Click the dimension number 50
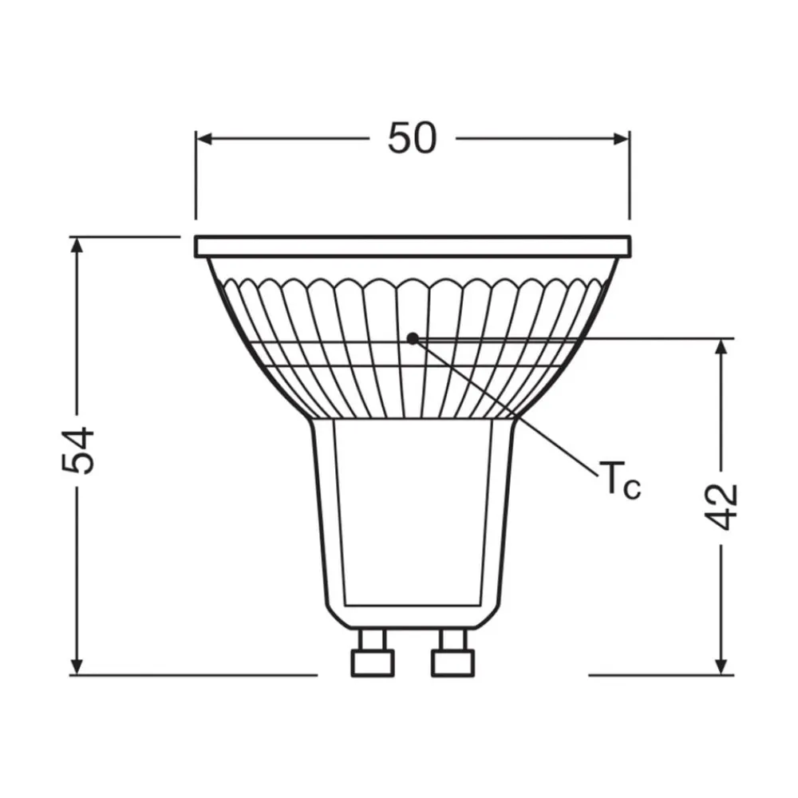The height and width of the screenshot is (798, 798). click(413, 139)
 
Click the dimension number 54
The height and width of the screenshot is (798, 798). click(79, 452)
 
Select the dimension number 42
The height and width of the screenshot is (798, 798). click(722, 505)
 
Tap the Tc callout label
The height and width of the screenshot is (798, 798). click(619, 481)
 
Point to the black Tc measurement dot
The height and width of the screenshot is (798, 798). click(412, 338)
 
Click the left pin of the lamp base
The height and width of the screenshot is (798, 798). click(373, 653)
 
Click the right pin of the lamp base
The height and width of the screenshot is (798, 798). click(452, 653)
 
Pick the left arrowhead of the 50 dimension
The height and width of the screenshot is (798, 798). click(204, 139)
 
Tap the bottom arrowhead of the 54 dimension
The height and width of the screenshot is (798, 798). click(77, 666)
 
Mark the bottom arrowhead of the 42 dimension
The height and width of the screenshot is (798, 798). click(721, 666)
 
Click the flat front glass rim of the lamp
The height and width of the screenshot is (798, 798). click(413, 246)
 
